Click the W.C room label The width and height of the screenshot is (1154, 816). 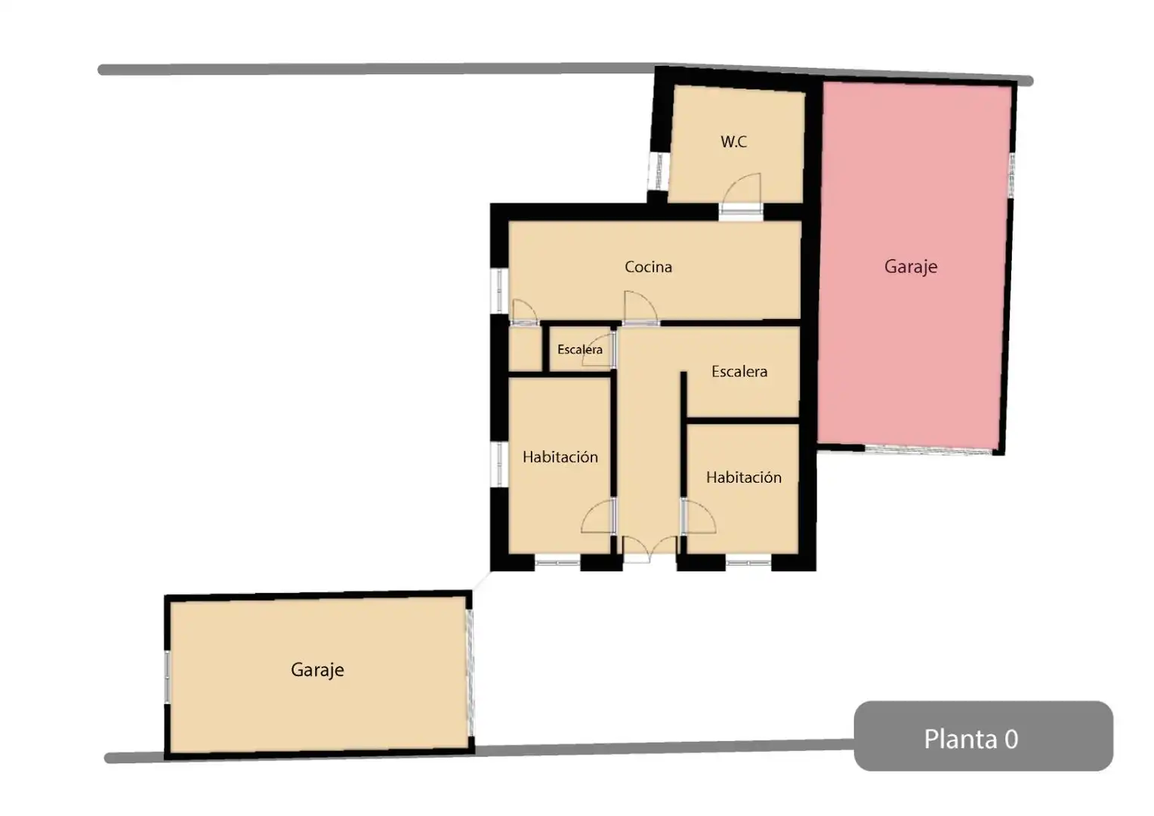point(733,142)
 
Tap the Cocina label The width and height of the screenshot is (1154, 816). point(648,267)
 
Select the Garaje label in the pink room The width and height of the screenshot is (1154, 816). point(910,267)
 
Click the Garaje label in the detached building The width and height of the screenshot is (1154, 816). point(317,670)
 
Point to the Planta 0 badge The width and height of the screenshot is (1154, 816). point(983,736)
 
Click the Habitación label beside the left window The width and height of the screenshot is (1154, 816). point(560,457)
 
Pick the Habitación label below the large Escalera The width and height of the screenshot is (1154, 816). point(743,478)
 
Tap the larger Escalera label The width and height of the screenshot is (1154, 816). point(739,372)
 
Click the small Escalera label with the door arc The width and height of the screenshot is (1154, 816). point(579,350)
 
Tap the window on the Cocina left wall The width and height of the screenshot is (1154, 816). point(498,290)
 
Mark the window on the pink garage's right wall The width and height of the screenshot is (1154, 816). point(1011,175)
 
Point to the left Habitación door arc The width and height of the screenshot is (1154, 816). point(598,516)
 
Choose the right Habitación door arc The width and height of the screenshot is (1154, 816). point(699,516)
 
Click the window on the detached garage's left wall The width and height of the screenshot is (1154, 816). point(167,677)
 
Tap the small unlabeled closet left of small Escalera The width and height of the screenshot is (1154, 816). point(525,349)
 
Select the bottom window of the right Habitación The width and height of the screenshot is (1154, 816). point(748,562)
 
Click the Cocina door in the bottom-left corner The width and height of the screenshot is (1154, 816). point(524,312)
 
